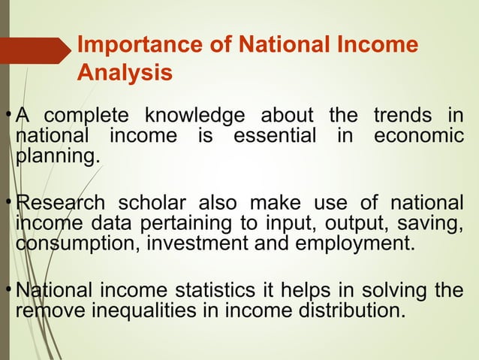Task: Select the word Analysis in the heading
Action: pyautogui.click(x=125, y=74)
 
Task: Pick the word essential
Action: pyautogui.click(x=273, y=138)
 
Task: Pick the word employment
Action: pyautogui.click(x=354, y=245)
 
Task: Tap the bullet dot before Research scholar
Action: pyautogui.click(x=8, y=201)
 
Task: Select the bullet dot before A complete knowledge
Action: pyautogui.click(x=8, y=114)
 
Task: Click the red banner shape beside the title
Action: pyautogui.click(x=37, y=51)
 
